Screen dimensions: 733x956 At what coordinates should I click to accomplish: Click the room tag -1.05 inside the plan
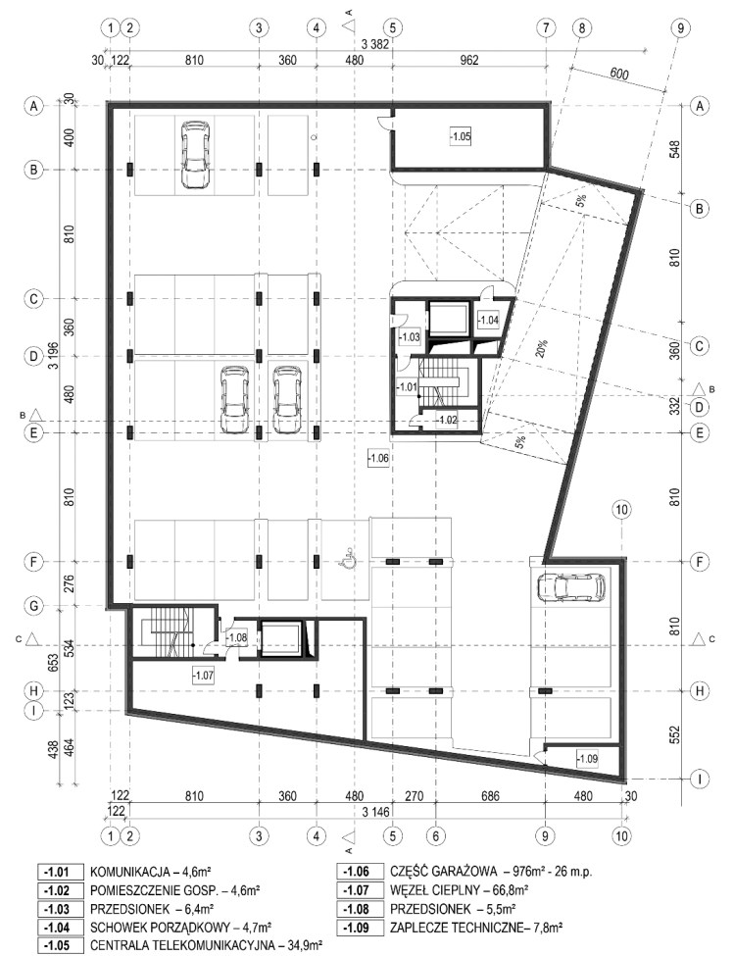pos(460,136)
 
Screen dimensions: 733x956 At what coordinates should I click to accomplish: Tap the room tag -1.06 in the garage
pos(378,457)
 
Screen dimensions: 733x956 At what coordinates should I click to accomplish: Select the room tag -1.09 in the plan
pos(587,759)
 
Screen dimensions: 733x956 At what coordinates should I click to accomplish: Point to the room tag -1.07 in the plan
pos(204,675)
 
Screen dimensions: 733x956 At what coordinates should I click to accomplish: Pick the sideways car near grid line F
pos(571,587)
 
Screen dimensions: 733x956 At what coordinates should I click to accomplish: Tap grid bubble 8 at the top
pos(582,27)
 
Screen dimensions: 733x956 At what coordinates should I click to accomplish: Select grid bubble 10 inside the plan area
pos(622,510)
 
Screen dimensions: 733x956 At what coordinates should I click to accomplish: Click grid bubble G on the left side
pos(34,605)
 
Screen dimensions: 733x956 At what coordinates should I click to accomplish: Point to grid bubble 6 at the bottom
pos(435,835)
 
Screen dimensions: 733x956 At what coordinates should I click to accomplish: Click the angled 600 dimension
pos(617,74)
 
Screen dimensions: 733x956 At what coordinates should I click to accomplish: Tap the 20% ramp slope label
pos(542,348)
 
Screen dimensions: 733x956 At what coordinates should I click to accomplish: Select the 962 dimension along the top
pos(469,61)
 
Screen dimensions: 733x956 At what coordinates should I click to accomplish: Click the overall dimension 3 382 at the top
pos(374,44)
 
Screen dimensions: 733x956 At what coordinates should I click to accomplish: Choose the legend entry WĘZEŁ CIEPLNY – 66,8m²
pos(459,890)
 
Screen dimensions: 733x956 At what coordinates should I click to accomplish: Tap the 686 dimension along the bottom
pos(490,796)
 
